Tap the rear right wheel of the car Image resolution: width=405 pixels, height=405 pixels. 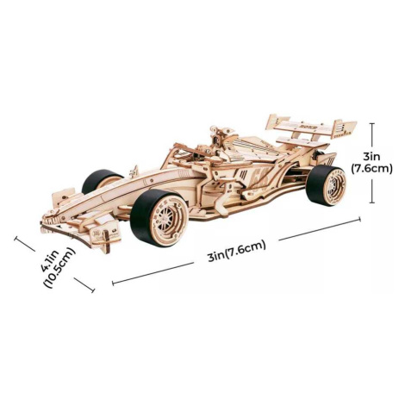tap(327, 185)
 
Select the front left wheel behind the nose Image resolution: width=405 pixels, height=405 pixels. tap(101, 182)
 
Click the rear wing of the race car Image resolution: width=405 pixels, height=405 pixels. tap(312, 128)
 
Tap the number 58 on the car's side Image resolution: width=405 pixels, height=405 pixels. tap(260, 178)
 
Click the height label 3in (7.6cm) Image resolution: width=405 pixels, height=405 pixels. tap(371, 163)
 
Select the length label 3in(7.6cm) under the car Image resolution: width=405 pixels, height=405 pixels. tap(237, 251)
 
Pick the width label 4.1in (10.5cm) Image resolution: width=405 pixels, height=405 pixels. tap(58, 267)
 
